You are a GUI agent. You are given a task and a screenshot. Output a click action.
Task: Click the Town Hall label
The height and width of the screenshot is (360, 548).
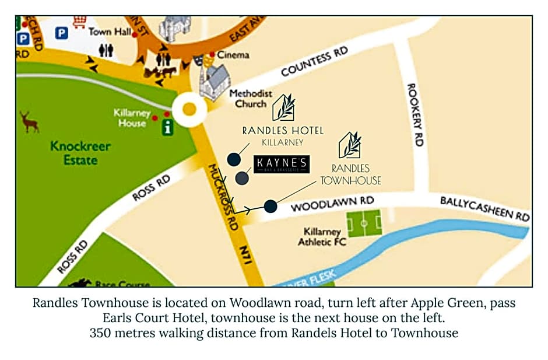(110, 32)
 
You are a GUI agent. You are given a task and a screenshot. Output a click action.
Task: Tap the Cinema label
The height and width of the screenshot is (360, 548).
(233, 55)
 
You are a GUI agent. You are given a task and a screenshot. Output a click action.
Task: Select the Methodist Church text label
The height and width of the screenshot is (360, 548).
(250, 99)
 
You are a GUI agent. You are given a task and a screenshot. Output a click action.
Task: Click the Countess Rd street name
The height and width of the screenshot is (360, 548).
(314, 62)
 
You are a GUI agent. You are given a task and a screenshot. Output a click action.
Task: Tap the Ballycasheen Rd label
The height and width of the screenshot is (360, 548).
(484, 209)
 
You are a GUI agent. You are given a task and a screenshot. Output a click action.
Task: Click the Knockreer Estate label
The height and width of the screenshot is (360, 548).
(80, 153)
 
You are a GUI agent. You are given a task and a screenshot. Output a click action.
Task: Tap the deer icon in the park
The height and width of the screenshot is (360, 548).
(29, 122)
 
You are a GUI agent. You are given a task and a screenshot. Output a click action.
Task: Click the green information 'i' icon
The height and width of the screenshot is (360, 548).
(168, 127)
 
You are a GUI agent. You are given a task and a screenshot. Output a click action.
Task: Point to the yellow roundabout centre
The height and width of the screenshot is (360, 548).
(189, 109)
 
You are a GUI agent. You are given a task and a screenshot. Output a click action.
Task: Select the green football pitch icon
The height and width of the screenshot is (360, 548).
(364, 223)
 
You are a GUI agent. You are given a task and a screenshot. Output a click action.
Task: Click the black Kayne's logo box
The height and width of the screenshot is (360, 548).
(282, 164)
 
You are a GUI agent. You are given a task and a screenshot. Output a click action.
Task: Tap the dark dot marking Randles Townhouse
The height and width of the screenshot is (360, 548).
(270, 206)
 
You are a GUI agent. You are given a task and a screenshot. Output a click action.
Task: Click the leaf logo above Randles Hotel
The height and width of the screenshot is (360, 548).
(283, 107)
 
